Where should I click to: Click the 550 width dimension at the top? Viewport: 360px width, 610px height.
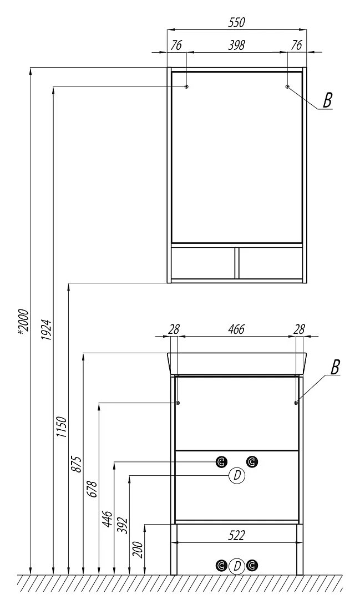click(236, 23)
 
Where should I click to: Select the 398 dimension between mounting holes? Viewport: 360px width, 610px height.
click(236, 45)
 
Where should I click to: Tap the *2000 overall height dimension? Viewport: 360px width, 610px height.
click(23, 321)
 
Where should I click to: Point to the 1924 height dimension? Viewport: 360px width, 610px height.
click(45, 330)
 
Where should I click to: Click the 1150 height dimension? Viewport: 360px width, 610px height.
click(62, 427)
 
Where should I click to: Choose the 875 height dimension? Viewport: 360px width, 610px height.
click(77, 464)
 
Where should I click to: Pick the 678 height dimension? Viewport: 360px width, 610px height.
click(93, 490)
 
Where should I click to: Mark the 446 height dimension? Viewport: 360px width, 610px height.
click(108, 519)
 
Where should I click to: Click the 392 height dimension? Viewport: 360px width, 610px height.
click(123, 526)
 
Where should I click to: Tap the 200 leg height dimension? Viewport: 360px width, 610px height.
click(138, 549)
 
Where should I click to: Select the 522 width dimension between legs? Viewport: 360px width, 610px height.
click(236, 536)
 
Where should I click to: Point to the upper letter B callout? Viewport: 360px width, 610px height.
click(328, 100)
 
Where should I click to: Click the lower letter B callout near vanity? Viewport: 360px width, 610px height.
click(334, 367)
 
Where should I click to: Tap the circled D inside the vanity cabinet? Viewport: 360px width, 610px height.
click(237, 475)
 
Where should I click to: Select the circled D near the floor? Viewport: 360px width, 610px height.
click(237, 566)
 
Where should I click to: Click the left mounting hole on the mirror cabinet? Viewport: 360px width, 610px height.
click(186, 87)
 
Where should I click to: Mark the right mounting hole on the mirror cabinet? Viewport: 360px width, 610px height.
click(287, 87)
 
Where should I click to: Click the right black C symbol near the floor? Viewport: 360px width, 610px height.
click(252, 565)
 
